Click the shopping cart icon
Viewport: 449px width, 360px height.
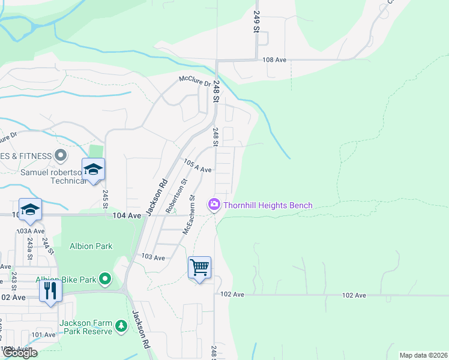[199, 267]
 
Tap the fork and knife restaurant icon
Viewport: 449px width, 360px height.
[50, 291]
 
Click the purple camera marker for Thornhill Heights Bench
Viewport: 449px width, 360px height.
[214, 205]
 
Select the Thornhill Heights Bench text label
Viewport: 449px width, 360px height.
[268, 205]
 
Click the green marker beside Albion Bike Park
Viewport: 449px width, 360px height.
[106, 279]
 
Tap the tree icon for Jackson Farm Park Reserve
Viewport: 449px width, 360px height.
[121, 326]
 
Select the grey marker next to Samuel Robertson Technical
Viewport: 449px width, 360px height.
[60, 156]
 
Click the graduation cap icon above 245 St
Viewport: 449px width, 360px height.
[94, 169]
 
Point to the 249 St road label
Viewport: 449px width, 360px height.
[257, 22]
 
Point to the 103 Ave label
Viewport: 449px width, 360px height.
[152, 257]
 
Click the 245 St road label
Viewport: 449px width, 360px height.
[105, 199]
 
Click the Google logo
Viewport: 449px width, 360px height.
[20, 353]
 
